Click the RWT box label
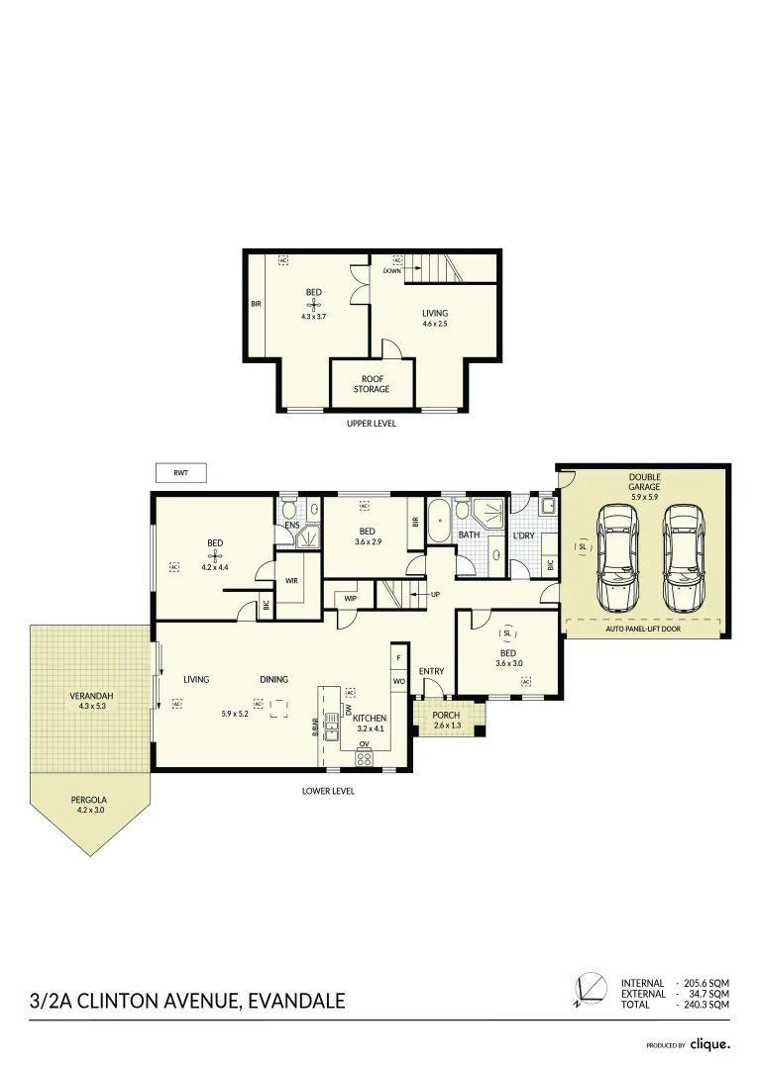click(x=180, y=473)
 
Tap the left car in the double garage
click(x=618, y=557)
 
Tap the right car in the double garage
click(x=683, y=557)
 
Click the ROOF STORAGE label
click(x=372, y=384)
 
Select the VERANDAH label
click(x=91, y=696)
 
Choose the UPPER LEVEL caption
click(x=372, y=424)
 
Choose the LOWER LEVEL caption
click(x=328, y=791)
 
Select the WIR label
click(x=291, y=580)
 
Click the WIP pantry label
click(x=350, y=597)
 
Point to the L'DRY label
click(x=523, y=535)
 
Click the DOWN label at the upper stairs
click(x=391, y=269)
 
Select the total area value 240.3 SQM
click(x=706, y=1004)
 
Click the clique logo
click(x=710, y=1043)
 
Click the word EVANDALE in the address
click(x=294, y=1001)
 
